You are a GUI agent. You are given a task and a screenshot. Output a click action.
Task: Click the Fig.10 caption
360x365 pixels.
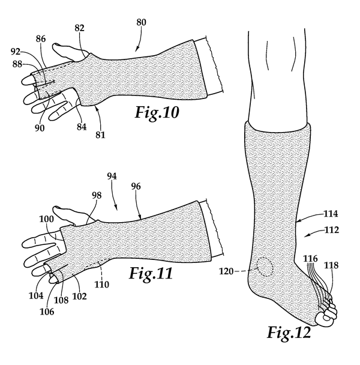coord(157,112)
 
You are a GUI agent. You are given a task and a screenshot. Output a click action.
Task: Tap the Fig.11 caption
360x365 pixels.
coord(151,273)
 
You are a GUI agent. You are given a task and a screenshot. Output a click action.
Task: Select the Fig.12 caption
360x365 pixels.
coord(289,333)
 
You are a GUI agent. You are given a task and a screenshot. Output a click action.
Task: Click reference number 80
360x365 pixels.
coord(141,23)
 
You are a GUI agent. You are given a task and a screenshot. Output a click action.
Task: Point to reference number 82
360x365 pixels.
coord(79,28)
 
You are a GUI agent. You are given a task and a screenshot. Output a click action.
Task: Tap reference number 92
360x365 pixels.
coord(16,52)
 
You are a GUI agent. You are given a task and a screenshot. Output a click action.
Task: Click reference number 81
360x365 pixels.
coord(100,135)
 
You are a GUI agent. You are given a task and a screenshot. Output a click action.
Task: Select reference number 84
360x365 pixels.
coord(82,127)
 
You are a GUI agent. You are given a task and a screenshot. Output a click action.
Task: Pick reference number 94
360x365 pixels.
coord(112,176)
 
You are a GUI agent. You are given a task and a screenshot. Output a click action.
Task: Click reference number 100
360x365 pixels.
coord(46,219)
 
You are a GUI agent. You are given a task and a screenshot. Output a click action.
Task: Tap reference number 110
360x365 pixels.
coord(101,284)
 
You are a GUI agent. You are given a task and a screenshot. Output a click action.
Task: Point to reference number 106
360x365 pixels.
coord(47,312)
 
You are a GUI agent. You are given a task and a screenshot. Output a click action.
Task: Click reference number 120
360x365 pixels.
coord(226,271)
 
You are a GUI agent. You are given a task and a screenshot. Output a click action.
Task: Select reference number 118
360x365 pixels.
coord(331,265)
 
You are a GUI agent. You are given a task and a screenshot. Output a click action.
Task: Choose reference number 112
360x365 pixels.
coord(331,230)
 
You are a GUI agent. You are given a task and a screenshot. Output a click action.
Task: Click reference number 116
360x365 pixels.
coord(310,258)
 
